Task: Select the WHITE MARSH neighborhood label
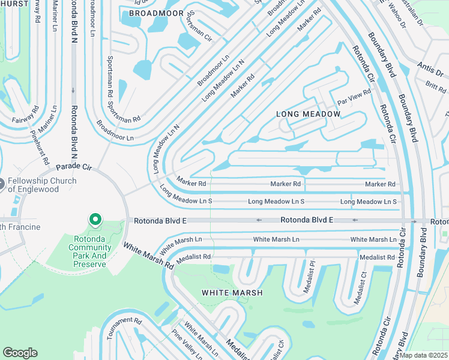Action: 232,293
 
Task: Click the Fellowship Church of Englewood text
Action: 41,185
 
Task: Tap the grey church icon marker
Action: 2,183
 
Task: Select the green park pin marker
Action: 95,220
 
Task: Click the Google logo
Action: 20,353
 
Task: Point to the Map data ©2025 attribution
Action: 424,355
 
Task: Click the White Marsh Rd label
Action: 145,255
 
